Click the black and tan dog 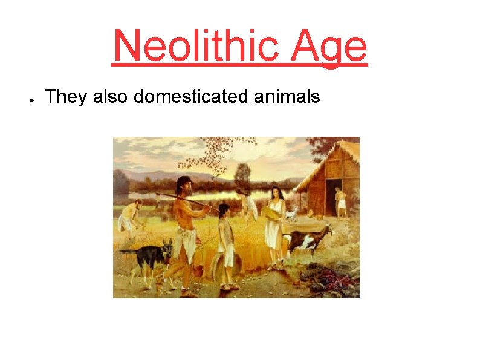(x=148, y=257)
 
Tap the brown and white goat (x=308, y=239)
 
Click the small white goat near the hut (x=291, y=215)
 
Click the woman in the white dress (x=275, y=227)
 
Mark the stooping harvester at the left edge (x=129, y=217)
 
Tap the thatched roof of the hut (x=329, y=163)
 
